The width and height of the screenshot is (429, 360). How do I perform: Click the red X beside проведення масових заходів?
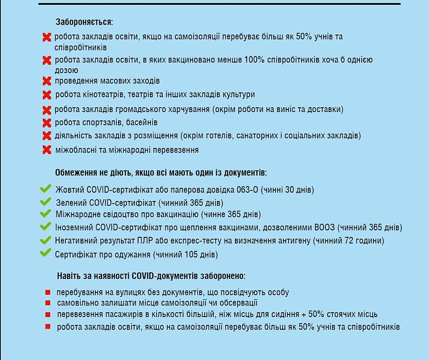pyautogui.click(x=47, y=81)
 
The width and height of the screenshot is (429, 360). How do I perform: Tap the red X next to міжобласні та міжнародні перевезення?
pyautogui.click(x=47, y=150)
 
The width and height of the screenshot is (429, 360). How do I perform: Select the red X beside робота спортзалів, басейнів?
pyautogui.click(x=47, y=123)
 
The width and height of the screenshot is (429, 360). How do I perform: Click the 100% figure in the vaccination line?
pyautogui.click(x=254, y=60)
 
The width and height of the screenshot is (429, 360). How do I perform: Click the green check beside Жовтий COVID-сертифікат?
pyautogui.click(x=45, y=189)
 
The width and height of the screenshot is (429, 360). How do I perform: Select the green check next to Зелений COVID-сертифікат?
pyautogui.click(x=45, y=202)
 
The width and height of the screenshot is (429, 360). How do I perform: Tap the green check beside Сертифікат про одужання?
pyautogui.click(x=45, y=254)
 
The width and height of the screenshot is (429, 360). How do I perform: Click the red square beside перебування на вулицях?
pyautogui.click(x=48, y=292)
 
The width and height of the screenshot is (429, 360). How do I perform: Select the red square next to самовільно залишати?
pyautogui.click(x=48, y=303)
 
